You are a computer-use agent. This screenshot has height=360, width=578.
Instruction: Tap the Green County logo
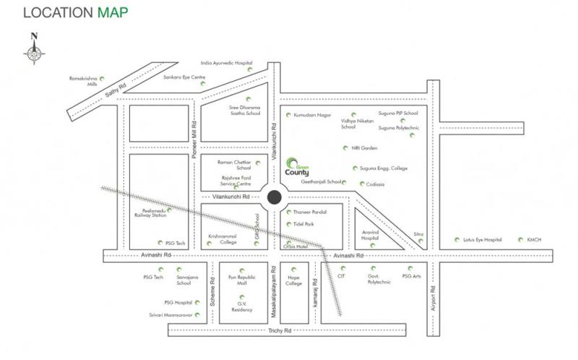tap(297, 168)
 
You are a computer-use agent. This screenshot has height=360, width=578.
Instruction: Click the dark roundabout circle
tap(275, 197)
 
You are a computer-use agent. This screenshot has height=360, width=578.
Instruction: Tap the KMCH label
tap(534, 239)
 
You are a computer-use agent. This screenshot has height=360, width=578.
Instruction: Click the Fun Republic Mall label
tap(242, 280)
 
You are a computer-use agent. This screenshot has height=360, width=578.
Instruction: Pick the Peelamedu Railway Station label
tap(150, 213)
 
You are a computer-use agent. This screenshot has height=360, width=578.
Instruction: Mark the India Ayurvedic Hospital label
tap(226, 63)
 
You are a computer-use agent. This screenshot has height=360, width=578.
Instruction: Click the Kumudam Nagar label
tap(313, 115)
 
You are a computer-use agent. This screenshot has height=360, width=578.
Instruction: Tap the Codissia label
tap(376, 184)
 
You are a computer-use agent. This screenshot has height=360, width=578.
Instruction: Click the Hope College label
tap(293, 280)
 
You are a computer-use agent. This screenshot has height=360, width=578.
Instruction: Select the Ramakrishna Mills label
tap(82, 80)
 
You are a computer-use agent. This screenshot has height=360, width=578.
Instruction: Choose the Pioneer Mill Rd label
tap(194, 134)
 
